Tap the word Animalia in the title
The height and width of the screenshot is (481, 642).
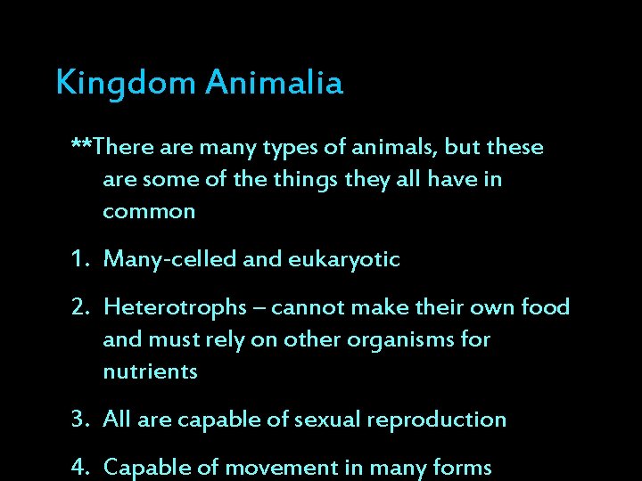pyautogui.click(x=275, y=83)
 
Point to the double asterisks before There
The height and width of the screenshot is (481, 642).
pyautogui.click(x=81, y=145)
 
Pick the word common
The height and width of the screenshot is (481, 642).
pyautogui.click(x=149, y=212)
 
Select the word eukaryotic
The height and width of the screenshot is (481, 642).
pyautogui.click(x=344, y=260)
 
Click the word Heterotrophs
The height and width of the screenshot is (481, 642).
pyautogui.click(x=175, y=308)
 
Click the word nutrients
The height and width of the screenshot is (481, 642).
pyautogui.click(x=150, y=372)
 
